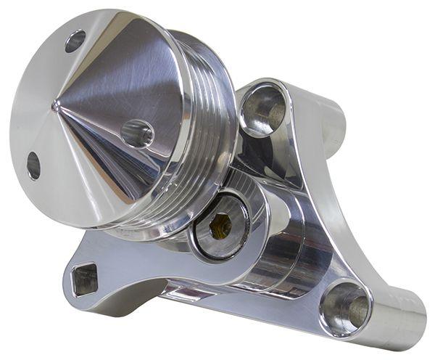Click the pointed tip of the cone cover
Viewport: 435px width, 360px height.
[x=56, y=107]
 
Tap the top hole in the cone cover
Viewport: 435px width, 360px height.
[x=75, y=41]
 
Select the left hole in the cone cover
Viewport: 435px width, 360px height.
[x=33, y=165]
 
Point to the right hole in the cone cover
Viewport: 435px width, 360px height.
[x=137, y=134]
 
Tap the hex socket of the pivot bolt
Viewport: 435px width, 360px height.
[x=220, y=226]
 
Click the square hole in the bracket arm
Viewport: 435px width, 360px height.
[x=85, y=278]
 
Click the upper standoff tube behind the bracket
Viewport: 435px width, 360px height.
[x=330, y=123]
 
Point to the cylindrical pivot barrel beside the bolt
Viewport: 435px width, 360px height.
[x=279, y=247]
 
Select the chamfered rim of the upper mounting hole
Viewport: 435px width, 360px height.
[x=246, y=94]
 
